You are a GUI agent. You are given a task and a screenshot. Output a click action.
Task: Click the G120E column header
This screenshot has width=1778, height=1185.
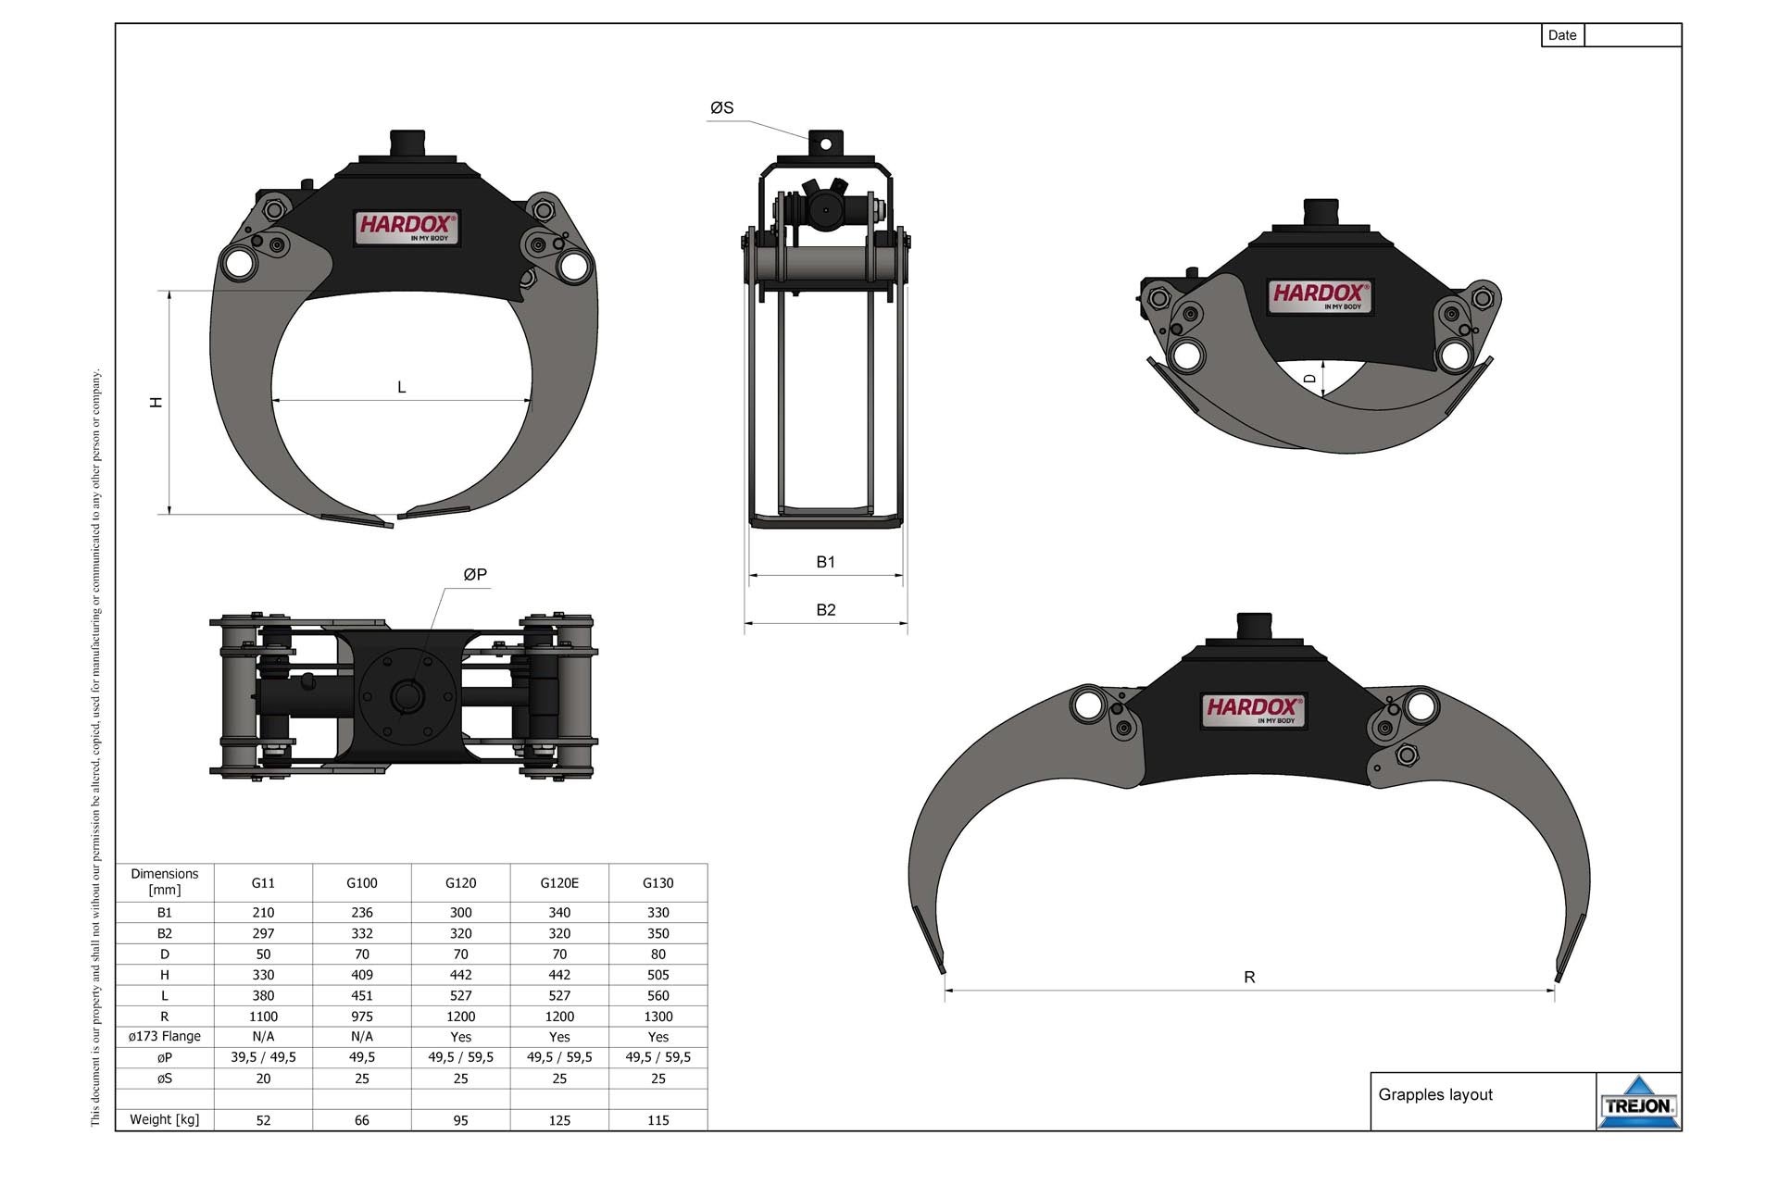pyautogui.click(x=559, y=883)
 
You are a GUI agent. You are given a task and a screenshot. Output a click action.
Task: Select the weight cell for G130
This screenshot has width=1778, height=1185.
pyautogui.click(x=657, y=1120)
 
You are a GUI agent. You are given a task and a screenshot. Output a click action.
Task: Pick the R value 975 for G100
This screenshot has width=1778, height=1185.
pyautogui.click(x=361, y=1017)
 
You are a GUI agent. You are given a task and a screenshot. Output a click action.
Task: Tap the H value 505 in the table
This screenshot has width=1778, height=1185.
pyautogui.click(x=657, y=975)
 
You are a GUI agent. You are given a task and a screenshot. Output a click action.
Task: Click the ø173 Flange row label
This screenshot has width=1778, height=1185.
pyautogui.click(x=164, y=1037)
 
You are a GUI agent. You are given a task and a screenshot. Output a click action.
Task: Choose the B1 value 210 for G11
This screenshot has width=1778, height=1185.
pyautogui.click(x=263, y=913)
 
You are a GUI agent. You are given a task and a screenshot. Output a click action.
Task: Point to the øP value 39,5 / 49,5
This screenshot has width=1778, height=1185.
pyautogui.click(x=263, y=1057)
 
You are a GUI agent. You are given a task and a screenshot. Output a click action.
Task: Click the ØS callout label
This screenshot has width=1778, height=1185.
pyautogui.click(x=721, y=108)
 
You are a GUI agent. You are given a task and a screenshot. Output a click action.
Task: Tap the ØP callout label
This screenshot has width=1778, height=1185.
pyautogui.click(x=475, y=575)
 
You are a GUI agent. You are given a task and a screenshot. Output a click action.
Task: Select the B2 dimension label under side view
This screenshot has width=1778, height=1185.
pyautogui.click(x=825, y=610)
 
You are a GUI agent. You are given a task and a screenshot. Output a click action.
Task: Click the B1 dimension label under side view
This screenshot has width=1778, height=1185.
pyautogui.click(x=825, y=562)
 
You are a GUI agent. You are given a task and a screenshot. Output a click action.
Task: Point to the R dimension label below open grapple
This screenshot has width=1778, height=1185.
pyautogui.click(x=1249, y=978)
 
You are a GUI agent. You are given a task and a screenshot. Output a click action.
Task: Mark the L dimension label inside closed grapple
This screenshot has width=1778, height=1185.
pyautogui.click(x=401, y=388)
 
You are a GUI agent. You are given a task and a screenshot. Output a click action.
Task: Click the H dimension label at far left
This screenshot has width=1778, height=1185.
pyautogui.click(x=157, y=402)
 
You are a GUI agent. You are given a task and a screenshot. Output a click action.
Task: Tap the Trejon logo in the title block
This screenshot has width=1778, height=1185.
pyautogui.click(x=1638, y=1104)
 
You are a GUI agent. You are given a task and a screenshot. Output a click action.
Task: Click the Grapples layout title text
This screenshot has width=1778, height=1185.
pyautogui.click(x=1434, y=1095)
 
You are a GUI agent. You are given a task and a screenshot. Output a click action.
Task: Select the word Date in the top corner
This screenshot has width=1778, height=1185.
pyautogui.click(x=1561, y=35)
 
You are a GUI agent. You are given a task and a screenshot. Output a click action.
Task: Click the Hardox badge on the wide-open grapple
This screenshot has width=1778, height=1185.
pyautogui.click(x=1253, y=710)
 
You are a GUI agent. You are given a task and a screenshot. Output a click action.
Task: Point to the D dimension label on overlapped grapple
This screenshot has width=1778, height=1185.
pyautogui.click(x=1309, y=379)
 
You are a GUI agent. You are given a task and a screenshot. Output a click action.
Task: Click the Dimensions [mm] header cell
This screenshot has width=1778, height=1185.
pyautogui.click(x=164, y=882)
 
